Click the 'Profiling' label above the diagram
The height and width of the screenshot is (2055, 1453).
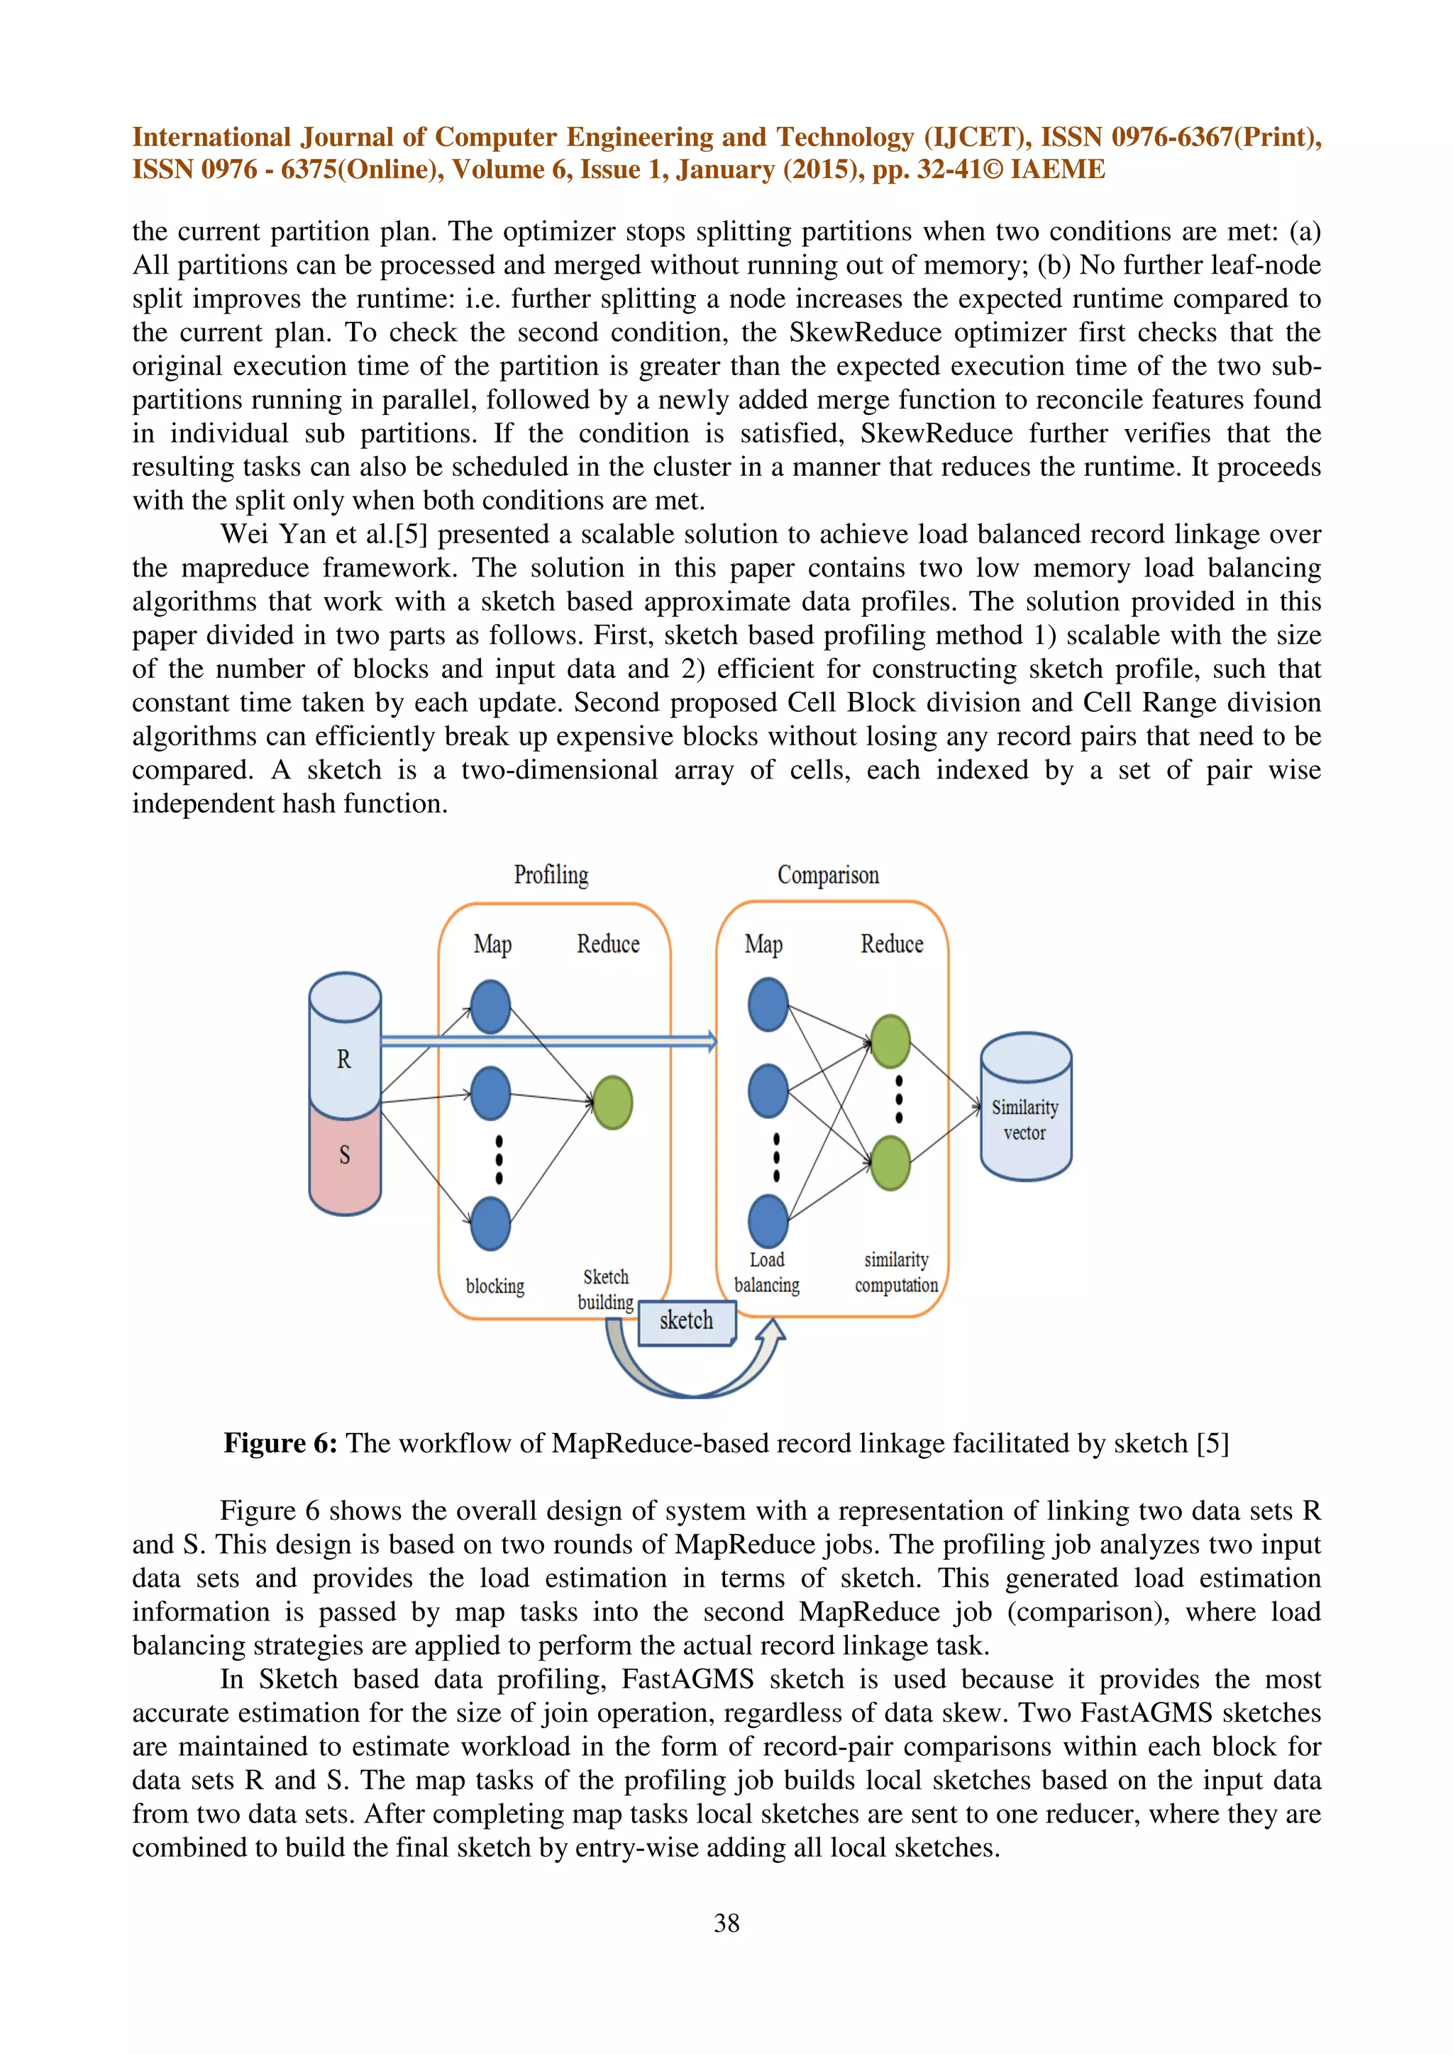(x=551, y=874)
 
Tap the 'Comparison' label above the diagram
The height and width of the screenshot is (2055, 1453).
(x=827, y=874)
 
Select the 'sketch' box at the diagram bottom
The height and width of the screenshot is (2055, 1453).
(x=687, y=1321)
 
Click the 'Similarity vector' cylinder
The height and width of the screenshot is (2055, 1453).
(x=1025, y=1120)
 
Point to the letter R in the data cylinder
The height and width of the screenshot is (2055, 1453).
(x=344, y=1059)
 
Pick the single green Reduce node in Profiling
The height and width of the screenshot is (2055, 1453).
(x=612, y=1102)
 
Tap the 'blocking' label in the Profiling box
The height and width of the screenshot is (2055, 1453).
(x=495, y=1286)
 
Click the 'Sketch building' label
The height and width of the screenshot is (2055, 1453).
(x=606, y=1289)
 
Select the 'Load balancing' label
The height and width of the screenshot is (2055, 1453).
(x=767, y=1272)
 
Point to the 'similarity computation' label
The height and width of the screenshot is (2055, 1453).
(x=896, y=1272)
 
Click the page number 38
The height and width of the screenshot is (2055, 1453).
(x=726, y=1922)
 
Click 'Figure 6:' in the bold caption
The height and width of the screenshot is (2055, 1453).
(x=280, y=1443)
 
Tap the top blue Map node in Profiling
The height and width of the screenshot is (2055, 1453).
(x=490, y=1006)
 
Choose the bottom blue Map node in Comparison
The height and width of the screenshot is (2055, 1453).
(x=768, y=1221)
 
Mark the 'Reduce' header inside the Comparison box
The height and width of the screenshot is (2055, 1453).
(x=892, y=945)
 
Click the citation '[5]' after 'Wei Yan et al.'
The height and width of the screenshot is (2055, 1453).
(x=411, y=535)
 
